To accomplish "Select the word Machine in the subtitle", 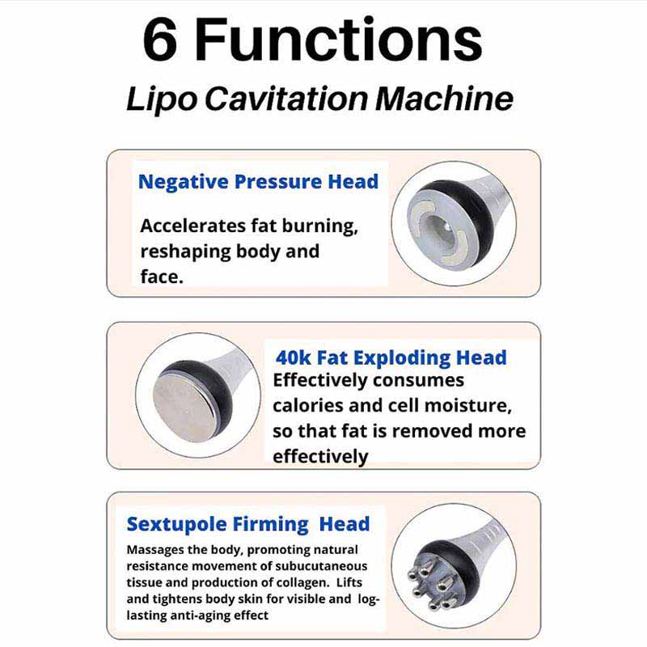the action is (x=444, y=99).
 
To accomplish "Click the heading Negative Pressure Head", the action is (x=258, y=181).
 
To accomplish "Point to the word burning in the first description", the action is (x=319, y=226).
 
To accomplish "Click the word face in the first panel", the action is (x=161, y=277).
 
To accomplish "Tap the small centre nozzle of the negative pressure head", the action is (x=446, y=226).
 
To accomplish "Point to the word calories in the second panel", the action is (x=307, y=405).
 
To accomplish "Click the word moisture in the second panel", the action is (x=468, y=406).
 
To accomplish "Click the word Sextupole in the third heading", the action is (x=176, y=524).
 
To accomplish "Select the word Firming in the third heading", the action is (x=270, y=525).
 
